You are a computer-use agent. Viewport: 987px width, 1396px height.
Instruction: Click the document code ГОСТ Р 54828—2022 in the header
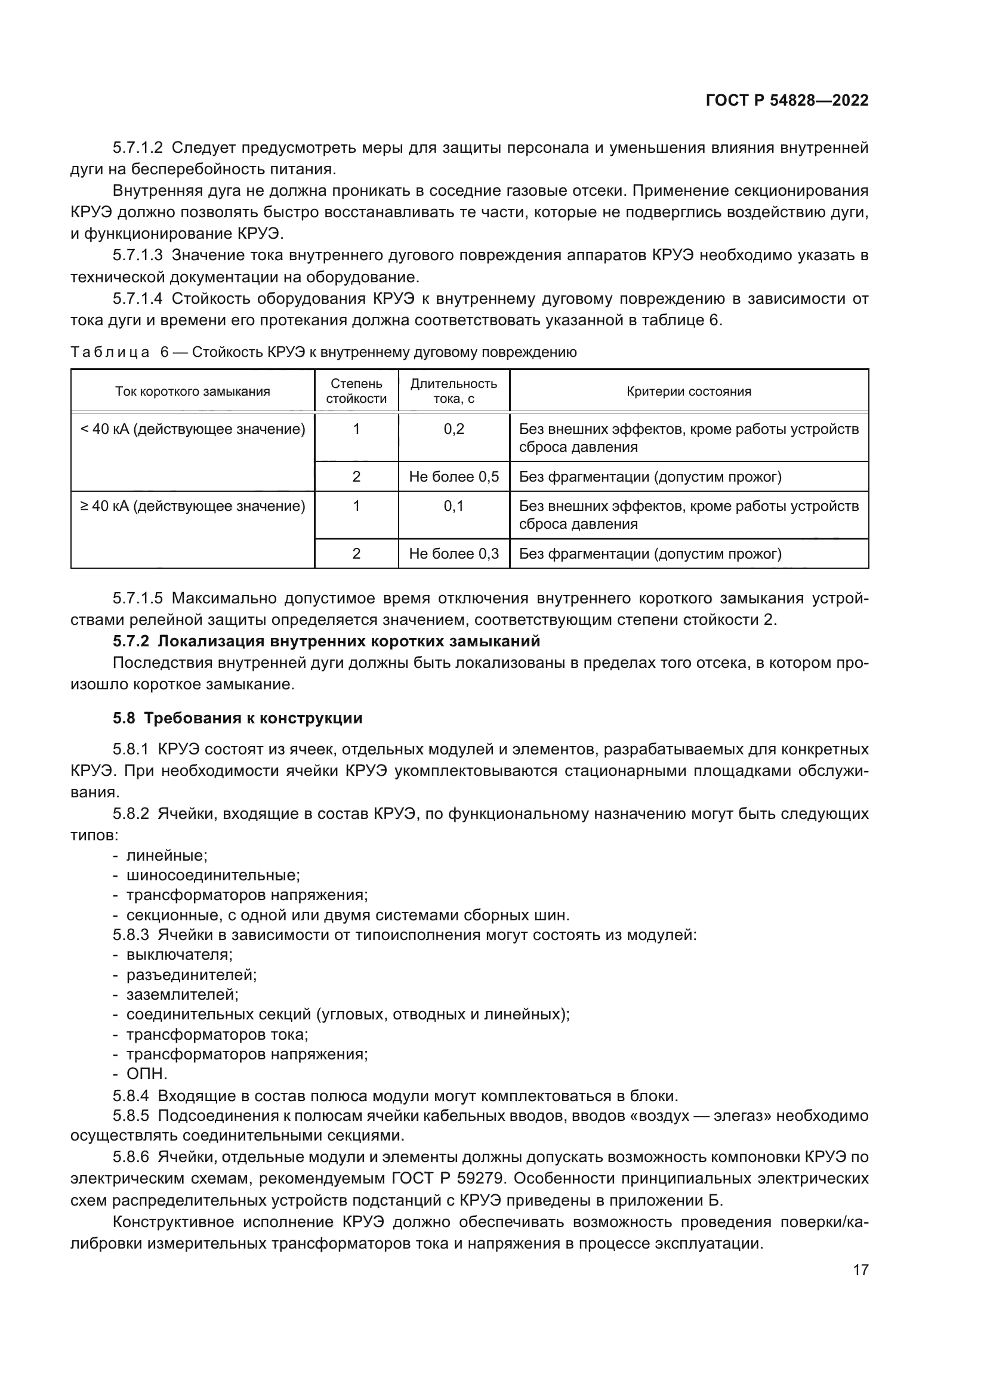pyautogui.click(x=786, y=101)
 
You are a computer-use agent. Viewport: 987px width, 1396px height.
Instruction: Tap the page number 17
pyautogui.click(x=860, y=1269)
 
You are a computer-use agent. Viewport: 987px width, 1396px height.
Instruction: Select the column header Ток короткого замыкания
pyautogui.click(x=193, y=392)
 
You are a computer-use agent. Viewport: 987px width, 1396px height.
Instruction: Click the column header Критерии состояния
pyautogui.click(x=689, y=392)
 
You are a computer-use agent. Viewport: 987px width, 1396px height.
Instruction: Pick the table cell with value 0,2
pyautogui.click(x=454, y=429)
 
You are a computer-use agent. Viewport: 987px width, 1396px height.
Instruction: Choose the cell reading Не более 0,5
pyautogui.click(x=454, y=477)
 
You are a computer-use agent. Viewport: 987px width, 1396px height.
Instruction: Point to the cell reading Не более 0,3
pyautogui.click(x=454, y=554)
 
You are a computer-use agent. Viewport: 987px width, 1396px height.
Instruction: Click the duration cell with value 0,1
pyautogui.click(x=454, y=506)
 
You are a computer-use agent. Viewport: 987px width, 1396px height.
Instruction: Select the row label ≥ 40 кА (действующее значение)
pyautogui.click(x=193, y=506)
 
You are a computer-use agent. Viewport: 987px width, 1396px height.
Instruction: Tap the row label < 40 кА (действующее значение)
pyautogui.click(x=193, y=429)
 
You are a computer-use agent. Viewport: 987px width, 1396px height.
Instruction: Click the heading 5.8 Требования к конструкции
pyautogui.click(x=238, y=718)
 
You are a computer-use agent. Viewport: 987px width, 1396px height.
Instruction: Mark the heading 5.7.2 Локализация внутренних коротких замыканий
pyautogui.click(x=326, y=642)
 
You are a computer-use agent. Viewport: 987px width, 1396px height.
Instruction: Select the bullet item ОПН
pyautogui.click(x=146, y=1074)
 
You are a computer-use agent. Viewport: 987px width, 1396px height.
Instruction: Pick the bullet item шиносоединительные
pyautogui.click(x=212, y=876)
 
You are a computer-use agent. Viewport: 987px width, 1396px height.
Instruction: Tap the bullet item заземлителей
pyautogui.click(x=183, y=995)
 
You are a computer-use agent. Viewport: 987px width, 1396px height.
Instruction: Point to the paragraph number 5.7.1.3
pyautogui.click(x=138, y=255)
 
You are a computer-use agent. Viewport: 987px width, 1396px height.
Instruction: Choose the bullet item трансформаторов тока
pyautogui.click(x=217, y=1034)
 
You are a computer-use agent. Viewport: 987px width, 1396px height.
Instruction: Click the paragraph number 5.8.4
pyautogui.click(x=131, y=1096)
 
